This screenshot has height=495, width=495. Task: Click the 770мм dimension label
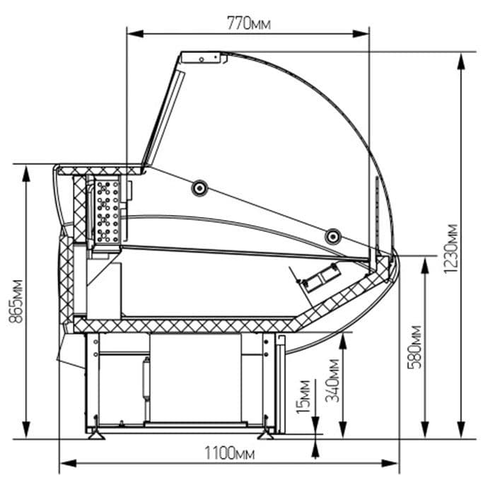click(x=249, y=23)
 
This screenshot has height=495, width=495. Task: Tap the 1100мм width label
click(x=230, y=454)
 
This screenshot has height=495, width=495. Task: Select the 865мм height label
click(x=16, y=301)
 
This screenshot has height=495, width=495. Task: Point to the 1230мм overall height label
click(x=450, y=248)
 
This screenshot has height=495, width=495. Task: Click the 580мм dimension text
click(x=414, y=347)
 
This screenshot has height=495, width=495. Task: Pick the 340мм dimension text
click(x=332, y=380)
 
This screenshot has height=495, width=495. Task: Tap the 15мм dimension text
click(x=303, y=397)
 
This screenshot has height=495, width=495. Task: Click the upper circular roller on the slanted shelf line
click(x=199, y=188)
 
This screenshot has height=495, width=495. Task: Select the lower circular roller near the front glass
click(x=333, y=236)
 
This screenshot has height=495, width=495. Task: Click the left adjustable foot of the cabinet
click(x=96, y=436)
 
